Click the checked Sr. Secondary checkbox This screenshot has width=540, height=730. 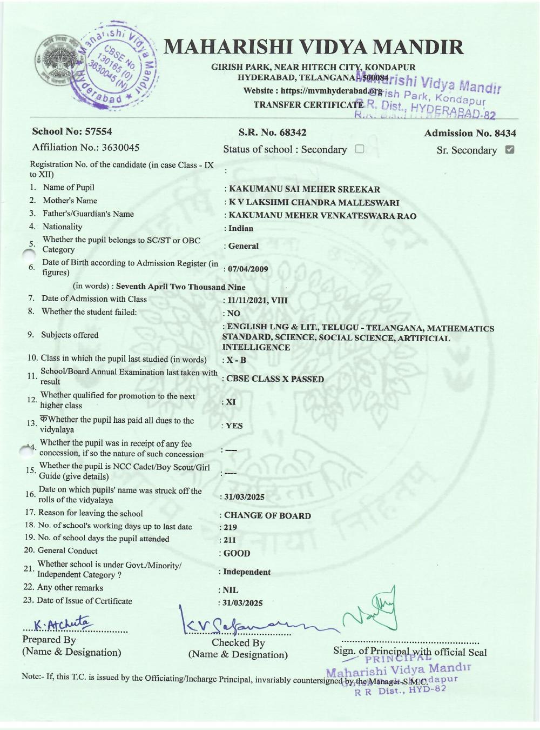(x=509, y=150)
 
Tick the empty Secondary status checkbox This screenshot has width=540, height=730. (x=360, y=149)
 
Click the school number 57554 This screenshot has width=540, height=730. (x=95, y=131)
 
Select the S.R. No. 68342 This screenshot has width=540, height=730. (x=291, y=132)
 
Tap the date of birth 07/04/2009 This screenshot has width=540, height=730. (x=248, y=269)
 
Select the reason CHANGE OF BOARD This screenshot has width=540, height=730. (x=267, y=515)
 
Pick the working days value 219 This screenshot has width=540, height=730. (x=231, y=527)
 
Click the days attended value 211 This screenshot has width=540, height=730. (x=230, y=540)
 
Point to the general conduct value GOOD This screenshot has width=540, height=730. (x=237, y=553)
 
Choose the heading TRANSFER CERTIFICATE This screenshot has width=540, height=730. (x=308, y=105)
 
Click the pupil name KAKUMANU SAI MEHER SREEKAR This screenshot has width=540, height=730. (x=305, y=189)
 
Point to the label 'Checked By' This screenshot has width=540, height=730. (x=238, y=642)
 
